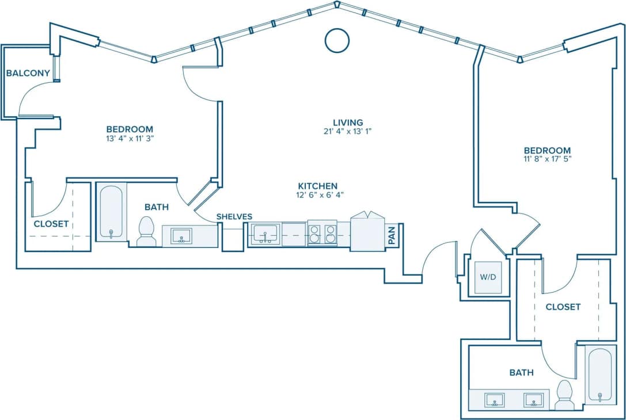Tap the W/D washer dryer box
[488, 277]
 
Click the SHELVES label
[234, 216]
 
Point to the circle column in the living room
[337, 40]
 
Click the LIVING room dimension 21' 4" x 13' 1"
[348, 131]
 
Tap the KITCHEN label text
[317, 186]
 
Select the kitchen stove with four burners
[323, 234]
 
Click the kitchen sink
[265, 234]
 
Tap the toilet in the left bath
[147, 231]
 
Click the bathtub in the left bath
[111, 211]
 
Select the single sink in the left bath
[181, 236]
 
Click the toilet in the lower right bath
[564, 395]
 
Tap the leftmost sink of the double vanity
[494, 399]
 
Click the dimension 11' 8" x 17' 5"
[547, 159]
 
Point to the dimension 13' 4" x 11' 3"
[130, 138]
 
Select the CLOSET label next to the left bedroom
[51, 224]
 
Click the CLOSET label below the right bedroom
[563, 307]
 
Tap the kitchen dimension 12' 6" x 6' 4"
[317, 195]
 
